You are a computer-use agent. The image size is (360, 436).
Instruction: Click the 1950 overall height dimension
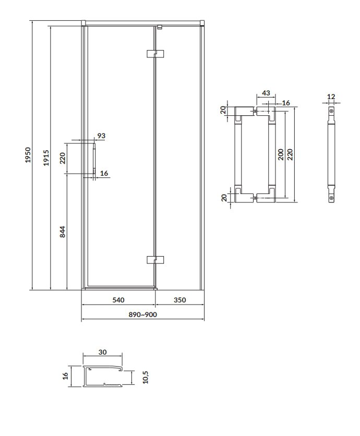click(28, 155)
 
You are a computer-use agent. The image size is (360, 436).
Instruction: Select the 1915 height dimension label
click(46, 158)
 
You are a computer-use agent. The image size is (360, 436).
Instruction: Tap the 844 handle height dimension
click(63, 232)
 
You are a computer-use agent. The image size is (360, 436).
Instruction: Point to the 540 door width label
click(118, 300)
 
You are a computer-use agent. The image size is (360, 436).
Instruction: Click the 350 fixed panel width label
click(179, 300)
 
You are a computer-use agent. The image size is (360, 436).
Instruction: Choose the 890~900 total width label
click(143, 314)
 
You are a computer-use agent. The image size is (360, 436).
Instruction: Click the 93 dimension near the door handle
click(101, 136)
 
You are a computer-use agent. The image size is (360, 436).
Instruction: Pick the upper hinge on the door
click(155, 54)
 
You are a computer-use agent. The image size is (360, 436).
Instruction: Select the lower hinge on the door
click(155, 260)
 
